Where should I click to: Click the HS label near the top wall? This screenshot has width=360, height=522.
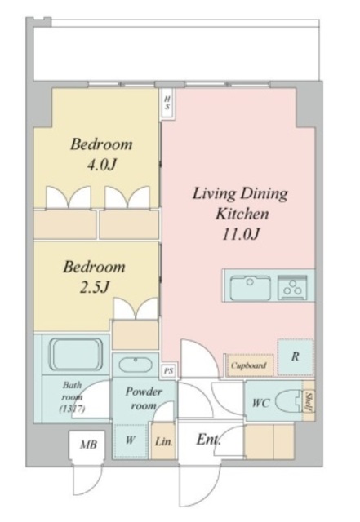(x=167, y=104)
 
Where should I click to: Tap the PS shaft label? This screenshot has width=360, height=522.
(x=169, y=371)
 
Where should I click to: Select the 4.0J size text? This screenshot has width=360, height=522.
(x=102, y=165)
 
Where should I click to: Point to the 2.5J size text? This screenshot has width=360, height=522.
(x=95, y=287)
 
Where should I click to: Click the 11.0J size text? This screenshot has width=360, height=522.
(x=241, y=234)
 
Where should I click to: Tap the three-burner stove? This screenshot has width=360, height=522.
(x=293, y=287)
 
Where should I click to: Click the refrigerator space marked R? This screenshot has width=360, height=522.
(x=296, y=357)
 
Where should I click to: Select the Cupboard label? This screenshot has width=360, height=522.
(x=249, y=365)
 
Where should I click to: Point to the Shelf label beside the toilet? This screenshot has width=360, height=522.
(x=309, y=402)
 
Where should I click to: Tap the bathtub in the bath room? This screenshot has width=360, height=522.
(x=76, y=355)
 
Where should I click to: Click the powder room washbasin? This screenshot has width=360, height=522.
(x=136, y=365)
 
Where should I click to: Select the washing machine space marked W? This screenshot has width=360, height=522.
(x=131, y=440)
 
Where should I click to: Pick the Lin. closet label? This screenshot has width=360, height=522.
(x=164, y=442)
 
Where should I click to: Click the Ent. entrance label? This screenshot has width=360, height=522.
(x=208, y=440)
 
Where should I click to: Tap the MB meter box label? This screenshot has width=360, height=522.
(x=88, y=445)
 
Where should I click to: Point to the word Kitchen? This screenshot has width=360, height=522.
(x=242, y=214)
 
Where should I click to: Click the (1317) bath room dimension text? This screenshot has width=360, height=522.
(x=72, y=408)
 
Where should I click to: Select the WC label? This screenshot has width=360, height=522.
(x=260, y=403)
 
